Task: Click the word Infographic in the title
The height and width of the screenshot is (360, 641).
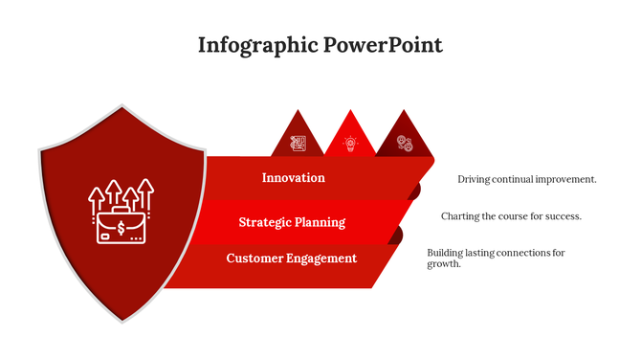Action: click(x=254, y=45)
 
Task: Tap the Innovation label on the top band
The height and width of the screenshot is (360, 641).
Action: click(x=293, y=177)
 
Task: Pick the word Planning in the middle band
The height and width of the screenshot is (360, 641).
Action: click(x=321, y=222)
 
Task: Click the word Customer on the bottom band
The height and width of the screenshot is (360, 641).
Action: click(x=254, y=259)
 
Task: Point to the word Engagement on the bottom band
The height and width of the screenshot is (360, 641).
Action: click(x=321, y=259)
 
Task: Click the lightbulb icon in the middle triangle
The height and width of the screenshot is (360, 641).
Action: click(x=350, y=144)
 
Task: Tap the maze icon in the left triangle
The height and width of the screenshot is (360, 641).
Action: click(x=298, y=144)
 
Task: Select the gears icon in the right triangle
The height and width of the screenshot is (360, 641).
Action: click(x=405, y=144)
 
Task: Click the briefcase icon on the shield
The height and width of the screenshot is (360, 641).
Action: click(x=121, y=225)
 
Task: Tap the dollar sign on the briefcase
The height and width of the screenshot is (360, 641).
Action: click(x=121, y=229)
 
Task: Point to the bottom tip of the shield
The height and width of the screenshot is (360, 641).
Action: click(x=122, y=321)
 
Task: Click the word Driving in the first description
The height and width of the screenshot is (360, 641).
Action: click(x=475, y=179)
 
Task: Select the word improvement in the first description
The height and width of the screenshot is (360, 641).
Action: click(x=565, y=179)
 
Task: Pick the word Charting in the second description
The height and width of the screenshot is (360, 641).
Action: click(x=460, y=216)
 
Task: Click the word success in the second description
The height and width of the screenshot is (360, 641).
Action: click(x=562, y=216)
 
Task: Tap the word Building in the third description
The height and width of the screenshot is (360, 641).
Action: click(x=446, y=253)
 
